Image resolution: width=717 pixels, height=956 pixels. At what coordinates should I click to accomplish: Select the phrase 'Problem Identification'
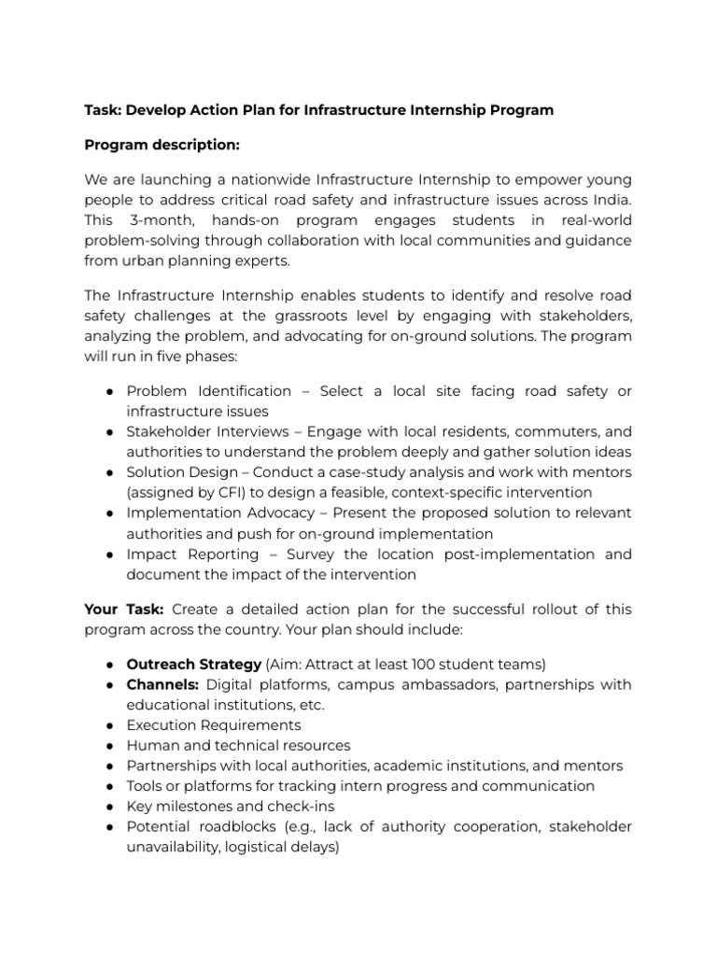click(x=209, y=390)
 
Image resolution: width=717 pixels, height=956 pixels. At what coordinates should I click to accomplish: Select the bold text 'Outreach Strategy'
click(x=194, y=664)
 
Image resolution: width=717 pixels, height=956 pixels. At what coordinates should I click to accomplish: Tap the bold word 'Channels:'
click(x=163, y=684)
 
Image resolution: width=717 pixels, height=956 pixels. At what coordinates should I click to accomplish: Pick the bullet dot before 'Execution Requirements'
click(x=109, y=725)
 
